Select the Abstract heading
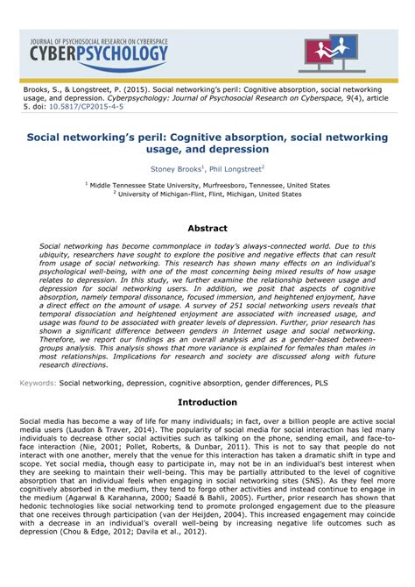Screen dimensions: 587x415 (x=207, y=228)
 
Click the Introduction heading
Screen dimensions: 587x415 (x=207, y=402)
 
